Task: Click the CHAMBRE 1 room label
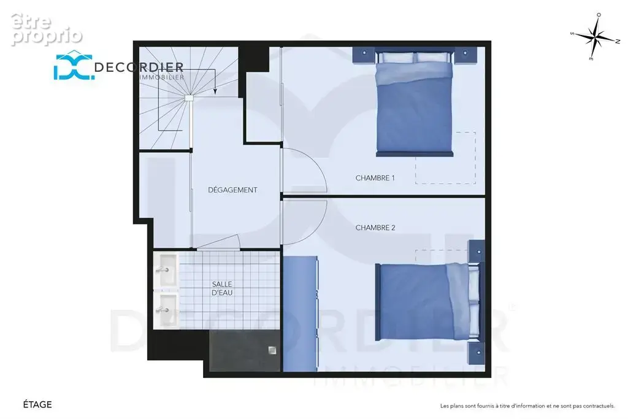[x=375, y=178]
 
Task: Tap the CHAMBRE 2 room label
[x=375, y=228]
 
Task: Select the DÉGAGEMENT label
[x=232, y=190]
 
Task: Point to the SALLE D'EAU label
[x=222, y=288]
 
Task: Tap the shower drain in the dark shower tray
[x=272, y=350]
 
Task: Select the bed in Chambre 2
[x=427, y=302]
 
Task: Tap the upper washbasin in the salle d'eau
[x=166, y=269]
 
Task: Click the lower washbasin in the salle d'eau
[x=166, y=310]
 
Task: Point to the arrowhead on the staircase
[x=215, y=91]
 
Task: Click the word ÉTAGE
[x=37, y=404]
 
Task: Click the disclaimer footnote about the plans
[x=527, y=406]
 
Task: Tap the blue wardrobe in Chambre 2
[x=301, y=313]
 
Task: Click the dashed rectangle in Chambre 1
[x=445, y=158]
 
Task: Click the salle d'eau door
[x=219, y=243]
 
